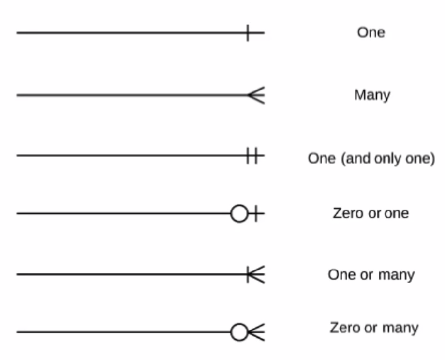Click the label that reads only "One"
[x=371, y=32]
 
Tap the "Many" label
[x=372, y=94]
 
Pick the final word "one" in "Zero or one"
[x=397, y=213]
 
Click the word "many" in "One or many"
[x=396, y=275]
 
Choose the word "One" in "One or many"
[x=342, y=275]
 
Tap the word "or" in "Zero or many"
[x=371, y=328]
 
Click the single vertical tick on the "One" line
[x=248, y=33]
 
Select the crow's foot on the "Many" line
[x=256, y=95]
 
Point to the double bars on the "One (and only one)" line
[x=252, y=156]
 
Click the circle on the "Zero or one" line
[x=239, y=213]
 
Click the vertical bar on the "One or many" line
[x=248, y=275]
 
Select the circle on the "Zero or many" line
[x=239, y=332]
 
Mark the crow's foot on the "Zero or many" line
[x=256, y=332]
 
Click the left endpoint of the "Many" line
[x=18, y=95]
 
